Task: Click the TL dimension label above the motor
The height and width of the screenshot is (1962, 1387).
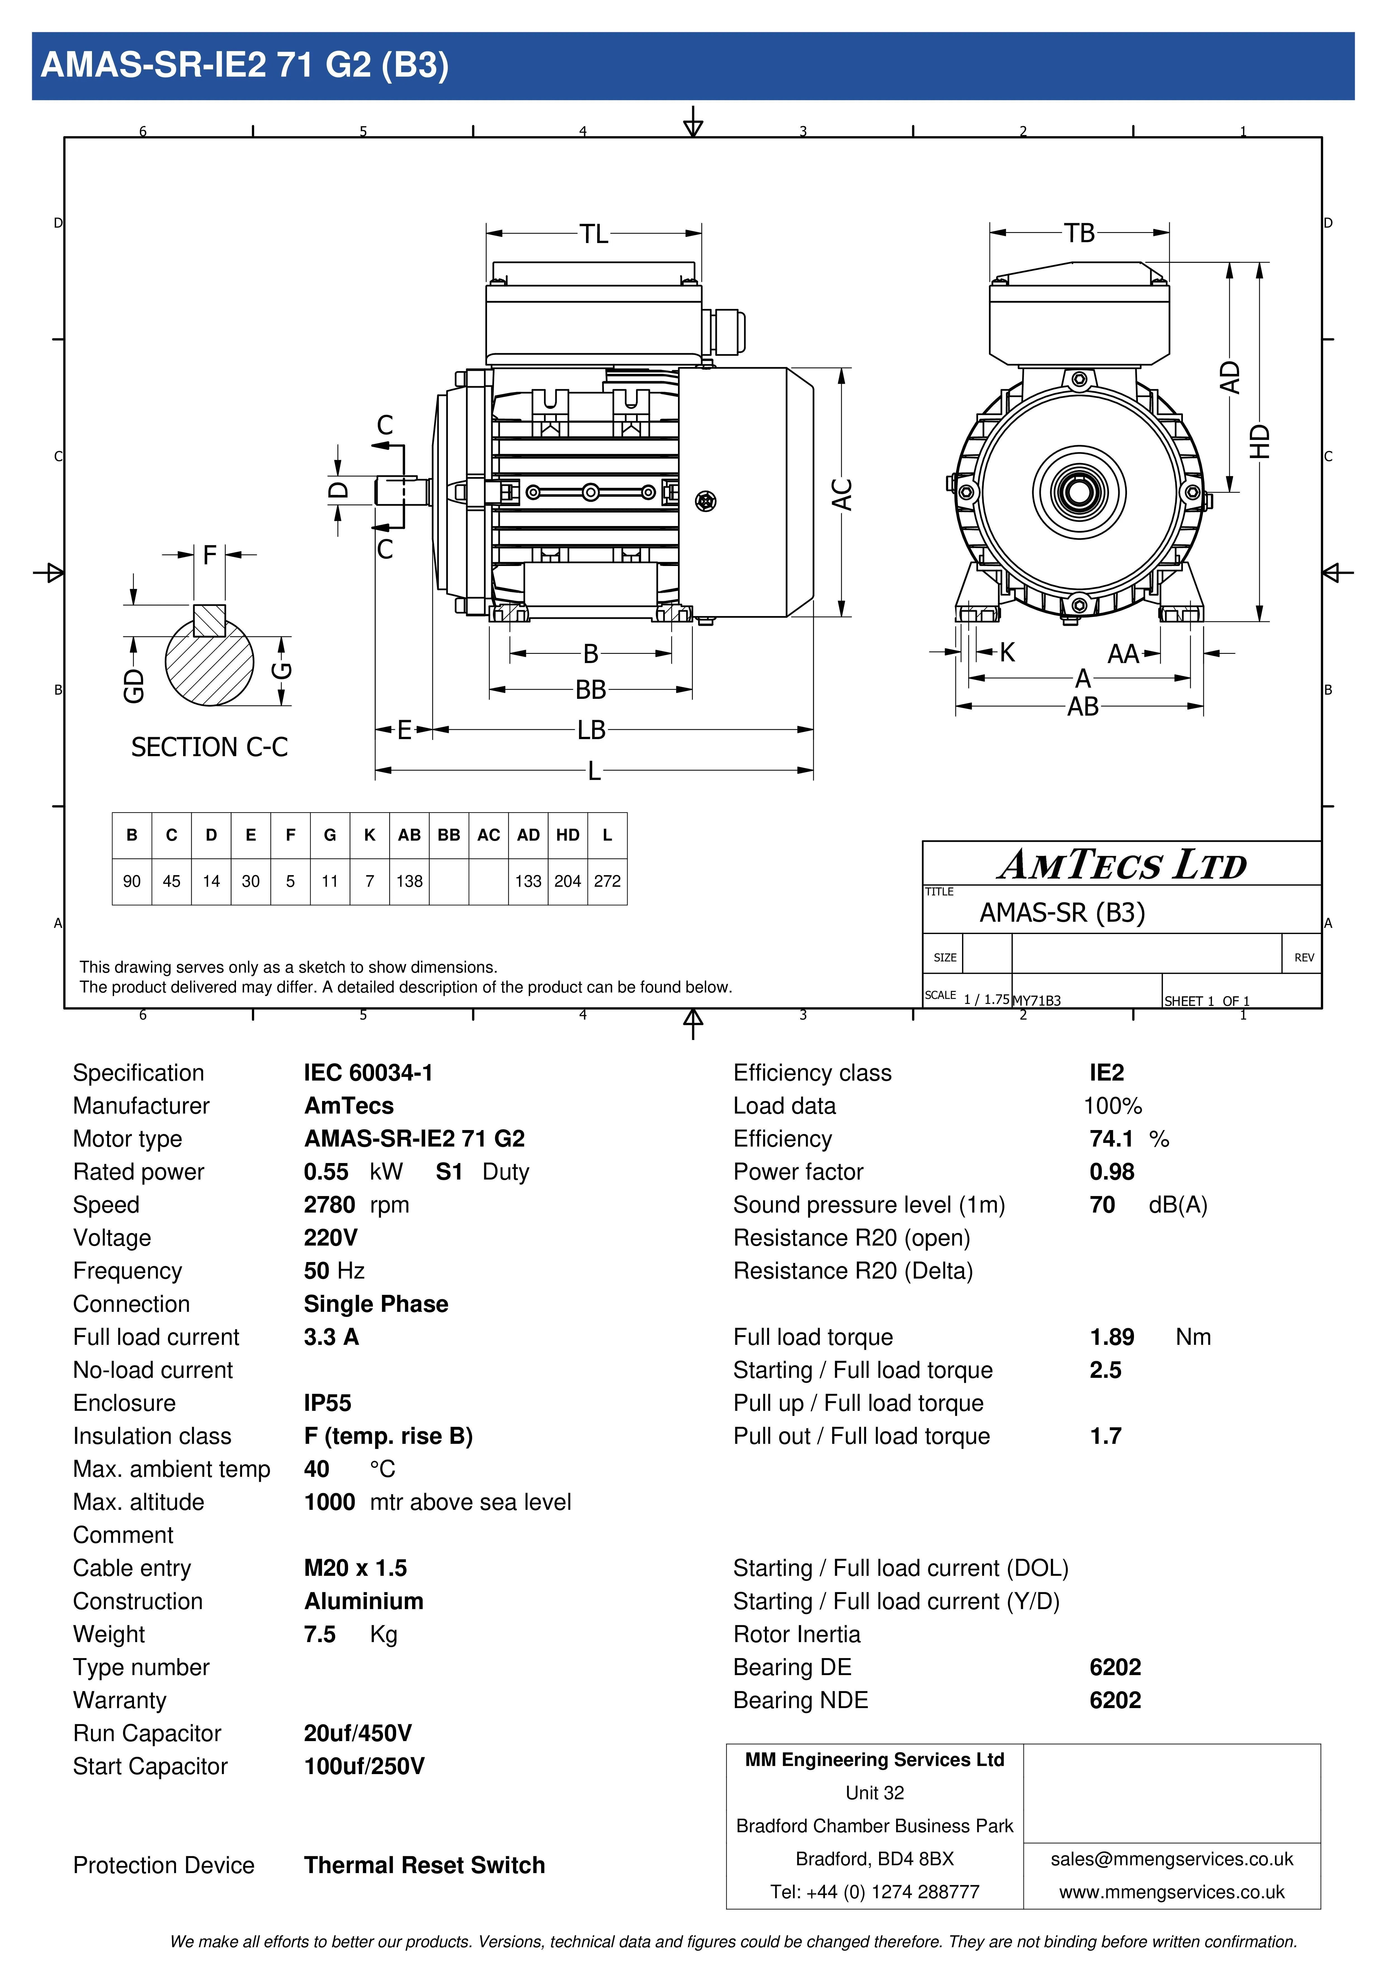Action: pos(594,233)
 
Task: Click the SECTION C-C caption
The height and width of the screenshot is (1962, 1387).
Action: pos(209,747)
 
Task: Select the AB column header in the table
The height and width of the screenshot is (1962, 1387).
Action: pos(409,835)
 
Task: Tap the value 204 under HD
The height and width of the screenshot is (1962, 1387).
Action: pos(568,881)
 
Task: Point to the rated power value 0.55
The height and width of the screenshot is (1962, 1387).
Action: pos(326,1171)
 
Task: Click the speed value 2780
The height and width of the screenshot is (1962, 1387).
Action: pos(329,1205)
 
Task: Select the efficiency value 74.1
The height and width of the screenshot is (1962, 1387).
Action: pos(1111,1139)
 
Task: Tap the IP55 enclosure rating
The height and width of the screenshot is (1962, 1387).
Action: pos(327,1403)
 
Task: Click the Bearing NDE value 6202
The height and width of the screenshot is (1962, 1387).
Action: pos(1115,1701)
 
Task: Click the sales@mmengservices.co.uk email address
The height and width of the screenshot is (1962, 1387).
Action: pos(1172,1859)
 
